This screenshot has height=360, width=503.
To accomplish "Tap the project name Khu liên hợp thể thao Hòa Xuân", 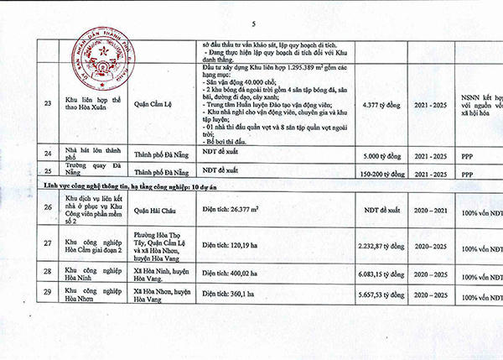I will (91, 107).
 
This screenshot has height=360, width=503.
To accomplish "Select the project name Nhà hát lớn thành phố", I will (91, 152).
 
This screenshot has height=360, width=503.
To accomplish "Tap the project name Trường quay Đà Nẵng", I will (91, 170).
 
